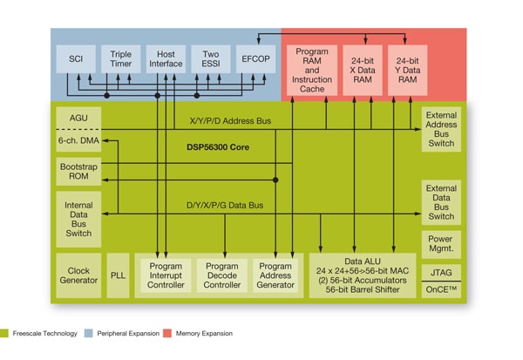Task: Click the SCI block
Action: pyautogui.click(x=75, y=59)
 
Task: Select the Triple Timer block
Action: pyautogui.click(x=121, y=59)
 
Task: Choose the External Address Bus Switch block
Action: pyautogui.click(x=440, y=129)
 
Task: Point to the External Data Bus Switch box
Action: pyautogui.click(x=440, y=201)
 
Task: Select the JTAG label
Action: pyautogui.click(x=440, y=273)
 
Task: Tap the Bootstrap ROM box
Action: pyautogui.click(x=78, y=172)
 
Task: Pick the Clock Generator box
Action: pyautogui.click(x=78, y=275)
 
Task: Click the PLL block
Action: pyautogui.click(x=119, y=275)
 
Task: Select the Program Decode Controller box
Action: pyautogui.click(x=222, y=275)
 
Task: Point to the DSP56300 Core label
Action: pyautogui.click(x=217, y=147)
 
